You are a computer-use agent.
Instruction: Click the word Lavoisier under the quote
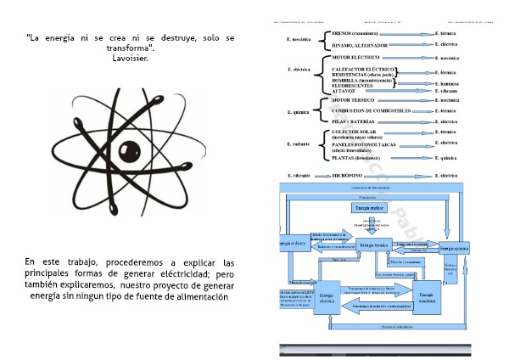[130, 59]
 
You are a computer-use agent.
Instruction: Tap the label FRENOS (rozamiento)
[355, 34]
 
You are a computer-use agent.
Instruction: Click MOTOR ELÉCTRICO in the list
[356, 58]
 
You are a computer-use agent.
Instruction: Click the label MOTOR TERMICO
[354, 100]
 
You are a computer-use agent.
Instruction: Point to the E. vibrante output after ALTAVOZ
[449, 90]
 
